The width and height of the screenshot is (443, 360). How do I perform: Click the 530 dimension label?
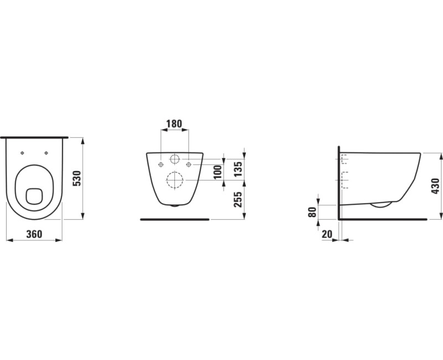click(78, 178)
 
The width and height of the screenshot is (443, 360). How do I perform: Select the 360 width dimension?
click(34, 234)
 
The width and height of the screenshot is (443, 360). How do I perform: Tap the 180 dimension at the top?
click(174, 124)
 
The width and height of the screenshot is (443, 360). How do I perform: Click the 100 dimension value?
click(218, 171)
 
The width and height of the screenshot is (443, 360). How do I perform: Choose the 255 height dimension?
click(238, 199)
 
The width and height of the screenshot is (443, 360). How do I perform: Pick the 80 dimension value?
click(312, 212)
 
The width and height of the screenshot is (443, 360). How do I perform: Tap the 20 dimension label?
click(327, 234)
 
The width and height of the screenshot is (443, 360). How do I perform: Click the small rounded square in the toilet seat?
click(34, 196)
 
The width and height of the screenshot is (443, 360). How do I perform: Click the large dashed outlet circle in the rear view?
click(174, 181)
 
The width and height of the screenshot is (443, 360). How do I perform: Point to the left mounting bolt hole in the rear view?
click(161, 164)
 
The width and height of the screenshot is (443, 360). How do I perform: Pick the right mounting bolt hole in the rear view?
click(189, 164)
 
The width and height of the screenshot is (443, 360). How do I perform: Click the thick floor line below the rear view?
click(174, 220)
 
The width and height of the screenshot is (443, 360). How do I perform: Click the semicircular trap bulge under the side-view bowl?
click(381, 204)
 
